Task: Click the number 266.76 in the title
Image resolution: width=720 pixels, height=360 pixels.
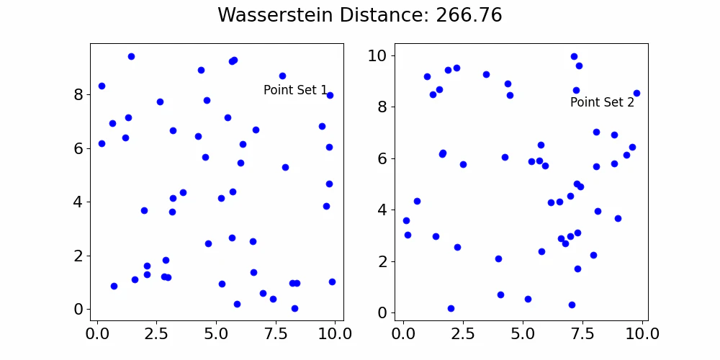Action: coord(469,15)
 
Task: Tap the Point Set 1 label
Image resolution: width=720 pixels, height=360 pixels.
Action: coord(295,90)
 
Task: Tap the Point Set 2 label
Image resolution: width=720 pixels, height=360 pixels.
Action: coord(602,102)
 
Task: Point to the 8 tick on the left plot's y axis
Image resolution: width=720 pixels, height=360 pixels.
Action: coord(78,94)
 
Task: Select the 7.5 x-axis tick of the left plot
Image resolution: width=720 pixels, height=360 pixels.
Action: coord(276,334)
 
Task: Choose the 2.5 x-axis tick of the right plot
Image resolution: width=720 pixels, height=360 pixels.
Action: coord(463,334)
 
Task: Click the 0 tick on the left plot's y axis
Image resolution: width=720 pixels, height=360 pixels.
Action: coord(78,309)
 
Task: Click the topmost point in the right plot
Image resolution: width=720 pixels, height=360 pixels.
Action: coord(574,56)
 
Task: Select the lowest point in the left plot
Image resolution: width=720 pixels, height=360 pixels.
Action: coord(294,308)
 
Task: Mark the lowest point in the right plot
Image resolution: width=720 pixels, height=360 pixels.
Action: coord(451,308)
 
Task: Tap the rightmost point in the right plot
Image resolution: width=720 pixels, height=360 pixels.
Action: coord(636,93)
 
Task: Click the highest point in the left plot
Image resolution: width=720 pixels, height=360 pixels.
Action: coord(131,56)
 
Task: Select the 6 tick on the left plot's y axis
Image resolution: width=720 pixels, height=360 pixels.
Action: coord(78,148)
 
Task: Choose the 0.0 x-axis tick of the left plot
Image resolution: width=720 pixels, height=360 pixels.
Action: coord(97,334)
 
